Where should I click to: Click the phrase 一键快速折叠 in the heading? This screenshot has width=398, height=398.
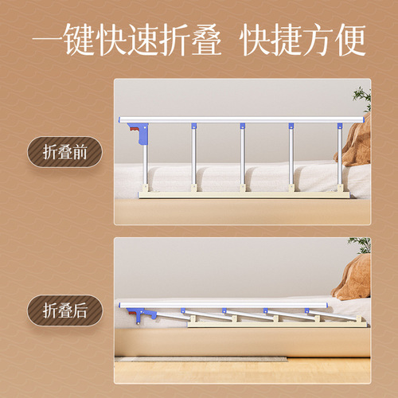127,41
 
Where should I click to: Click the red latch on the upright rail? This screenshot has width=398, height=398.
141,131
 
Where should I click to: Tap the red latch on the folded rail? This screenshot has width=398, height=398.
142,314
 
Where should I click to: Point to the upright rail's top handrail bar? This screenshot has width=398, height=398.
239,120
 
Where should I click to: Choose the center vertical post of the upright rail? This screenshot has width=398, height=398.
242,155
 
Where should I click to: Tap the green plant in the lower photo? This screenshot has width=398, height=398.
360,244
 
